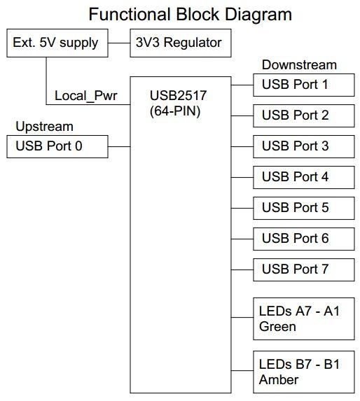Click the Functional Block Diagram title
coord(180,14)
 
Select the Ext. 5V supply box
coord(56,43)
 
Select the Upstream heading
coord(45,127)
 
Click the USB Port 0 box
coord(56,146)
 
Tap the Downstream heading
coord(299,65)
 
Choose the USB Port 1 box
coord(303,85)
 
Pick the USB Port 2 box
coord(303,115)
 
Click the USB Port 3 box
coord(303,146)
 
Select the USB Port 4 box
coord(303,177)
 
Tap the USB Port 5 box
coord(303,208)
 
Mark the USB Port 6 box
coord(303,239)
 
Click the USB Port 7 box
coord(303,269)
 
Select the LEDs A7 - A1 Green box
coord(303,318)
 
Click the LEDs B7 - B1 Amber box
coord(303,372)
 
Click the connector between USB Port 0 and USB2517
coord(119,146)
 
